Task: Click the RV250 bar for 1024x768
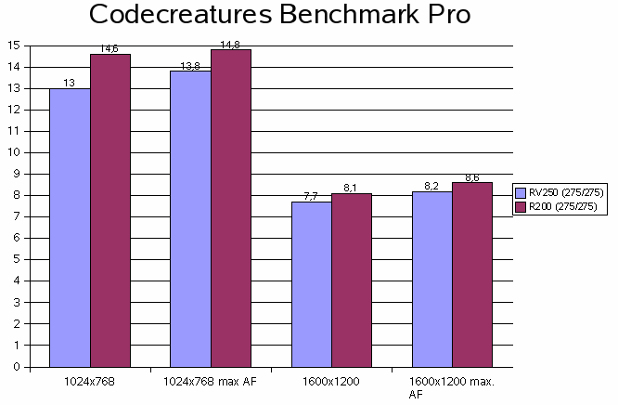pyautogui.click(x=70, y=228)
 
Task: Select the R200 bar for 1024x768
pyautogui.click(x=109, y=210)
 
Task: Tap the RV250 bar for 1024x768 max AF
pyautogui.click(x=190, y=218)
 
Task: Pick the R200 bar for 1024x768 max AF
pyautogui.click(x=230, y=208)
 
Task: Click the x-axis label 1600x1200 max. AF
pyautogui.click(x=452, y=387)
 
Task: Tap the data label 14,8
pyautogui.click(x=230, y=43)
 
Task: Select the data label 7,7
pyautogui.click(x=311, y=196)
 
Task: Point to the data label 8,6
pyautogui.click(x=471, y=176)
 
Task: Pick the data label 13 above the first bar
pyautogui.click(x=69, y=83)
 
